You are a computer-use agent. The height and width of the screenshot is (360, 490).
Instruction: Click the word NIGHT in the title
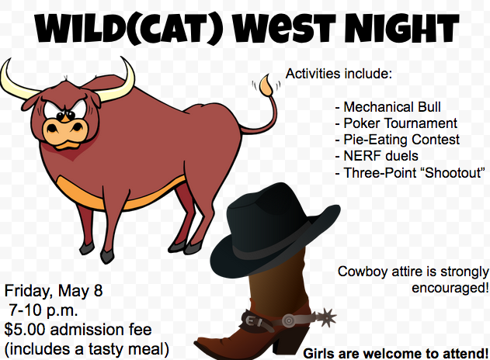point(401,27)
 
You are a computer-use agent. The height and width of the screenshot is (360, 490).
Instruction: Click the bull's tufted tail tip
point(266,85)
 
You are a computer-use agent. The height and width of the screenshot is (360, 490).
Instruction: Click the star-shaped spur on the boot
point(328,317)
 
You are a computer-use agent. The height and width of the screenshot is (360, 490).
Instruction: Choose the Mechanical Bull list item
point(387,107)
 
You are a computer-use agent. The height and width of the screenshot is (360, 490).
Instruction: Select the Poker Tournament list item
point(396,123)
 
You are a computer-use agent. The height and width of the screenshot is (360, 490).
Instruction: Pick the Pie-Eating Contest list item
point(397,140)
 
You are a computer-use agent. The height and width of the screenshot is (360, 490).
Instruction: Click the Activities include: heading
point(339,74)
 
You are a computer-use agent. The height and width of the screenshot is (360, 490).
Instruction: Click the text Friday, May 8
point(54,291)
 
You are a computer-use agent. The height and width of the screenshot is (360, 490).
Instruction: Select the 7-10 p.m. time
point(43,310)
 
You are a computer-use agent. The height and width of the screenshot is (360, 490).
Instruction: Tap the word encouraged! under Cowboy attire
point(450,288)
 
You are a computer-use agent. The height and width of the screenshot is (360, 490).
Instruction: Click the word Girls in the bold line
point(318,354)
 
